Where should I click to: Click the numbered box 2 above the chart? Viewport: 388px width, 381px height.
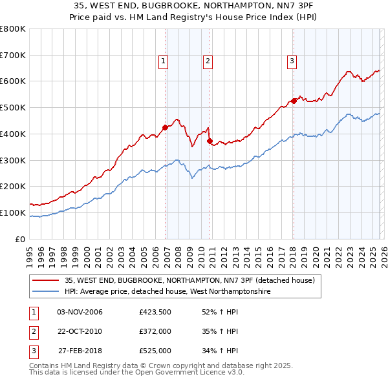point(208,61)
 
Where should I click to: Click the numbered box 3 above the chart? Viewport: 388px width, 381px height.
point(292,61)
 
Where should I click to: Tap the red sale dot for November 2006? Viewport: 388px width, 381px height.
point(165,127)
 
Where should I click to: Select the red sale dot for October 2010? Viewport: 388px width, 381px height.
point(210,141)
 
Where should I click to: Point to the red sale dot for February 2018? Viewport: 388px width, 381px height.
point(294,100)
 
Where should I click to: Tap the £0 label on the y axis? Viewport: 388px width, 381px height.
point(19,239)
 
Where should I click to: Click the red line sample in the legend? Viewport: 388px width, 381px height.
point(47,280)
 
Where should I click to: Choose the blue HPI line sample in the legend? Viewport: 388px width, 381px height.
point(47,292)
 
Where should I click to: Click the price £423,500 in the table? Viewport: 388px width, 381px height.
point(155,312)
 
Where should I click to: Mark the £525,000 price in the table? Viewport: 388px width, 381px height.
point(155,351)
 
